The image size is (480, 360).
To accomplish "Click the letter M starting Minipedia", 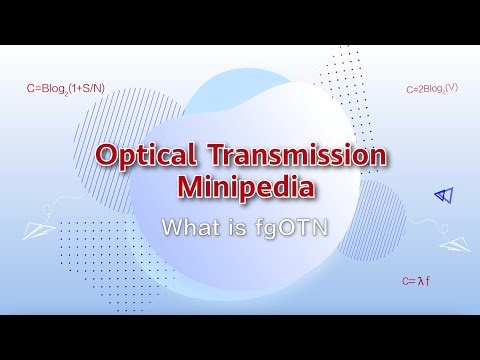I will click(x=190, y=187).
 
